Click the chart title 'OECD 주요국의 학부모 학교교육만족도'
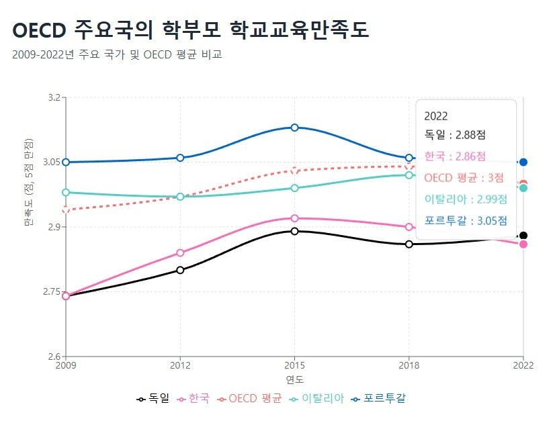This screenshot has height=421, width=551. click(190, 30)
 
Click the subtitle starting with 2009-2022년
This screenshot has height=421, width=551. click(117, 54)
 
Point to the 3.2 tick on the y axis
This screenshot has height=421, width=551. click(53, 97)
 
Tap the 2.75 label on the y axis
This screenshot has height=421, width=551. click(51, 291)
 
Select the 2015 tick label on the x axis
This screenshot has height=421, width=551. click(294, 365)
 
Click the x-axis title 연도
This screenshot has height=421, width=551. click(294, 380)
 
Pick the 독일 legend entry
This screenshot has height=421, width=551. click(152, 398)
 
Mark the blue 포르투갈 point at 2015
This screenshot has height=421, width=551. click(294, 128)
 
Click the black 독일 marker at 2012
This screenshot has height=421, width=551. click(180, 270)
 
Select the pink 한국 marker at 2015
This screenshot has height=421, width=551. click(294, 218)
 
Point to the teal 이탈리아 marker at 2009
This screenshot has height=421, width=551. click(66, 193)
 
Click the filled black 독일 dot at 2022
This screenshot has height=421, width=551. click(523, 236)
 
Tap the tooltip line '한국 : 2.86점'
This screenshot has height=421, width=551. click(455, 156)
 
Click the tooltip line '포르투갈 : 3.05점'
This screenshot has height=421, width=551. click(466, 220)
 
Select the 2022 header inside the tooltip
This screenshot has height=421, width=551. click(436, 116)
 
